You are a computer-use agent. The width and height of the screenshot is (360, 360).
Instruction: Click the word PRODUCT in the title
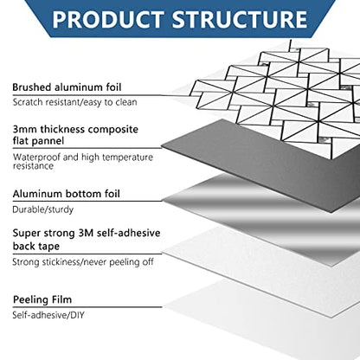click(x=108, y=20)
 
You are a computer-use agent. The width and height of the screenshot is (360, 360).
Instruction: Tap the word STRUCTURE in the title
click(x=240, y=20)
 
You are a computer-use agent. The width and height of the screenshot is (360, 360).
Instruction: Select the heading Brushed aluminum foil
click(x=67, y=87)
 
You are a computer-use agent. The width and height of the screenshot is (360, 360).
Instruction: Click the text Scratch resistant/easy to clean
click(x=74, y=102)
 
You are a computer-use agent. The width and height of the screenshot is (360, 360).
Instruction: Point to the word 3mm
click(x=25, y=129)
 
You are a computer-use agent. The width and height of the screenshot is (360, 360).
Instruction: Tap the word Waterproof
click(x=36, y=157)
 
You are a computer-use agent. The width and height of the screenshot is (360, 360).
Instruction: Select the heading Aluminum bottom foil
click(x=66, y=194)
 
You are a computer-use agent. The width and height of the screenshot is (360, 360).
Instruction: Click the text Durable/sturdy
click(x=43, y=209)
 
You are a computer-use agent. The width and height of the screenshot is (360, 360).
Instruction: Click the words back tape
click(x=36, y=246)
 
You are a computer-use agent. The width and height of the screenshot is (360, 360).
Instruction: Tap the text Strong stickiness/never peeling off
click(x=83, y=262)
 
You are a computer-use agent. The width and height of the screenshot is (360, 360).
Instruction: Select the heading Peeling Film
click(x=42, y=299)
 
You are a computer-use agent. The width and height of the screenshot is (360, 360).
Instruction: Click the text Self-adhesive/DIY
click(x=48, y=315)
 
